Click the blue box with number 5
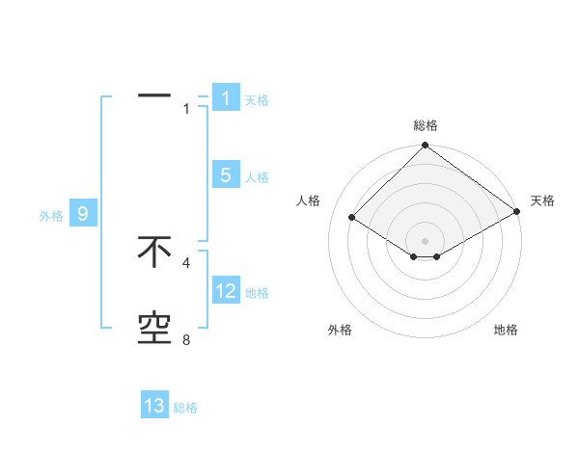226,175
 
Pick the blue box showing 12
226,291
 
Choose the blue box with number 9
83,214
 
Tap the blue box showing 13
154,406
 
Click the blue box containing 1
226,98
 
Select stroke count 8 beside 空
186,340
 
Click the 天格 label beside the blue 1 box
257,100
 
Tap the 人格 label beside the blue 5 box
257,177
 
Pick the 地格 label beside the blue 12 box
257,293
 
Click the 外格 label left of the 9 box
51,216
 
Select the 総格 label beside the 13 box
185,408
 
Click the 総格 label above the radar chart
426,125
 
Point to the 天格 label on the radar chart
543,200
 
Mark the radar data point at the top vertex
426,147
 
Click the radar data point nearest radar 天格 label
517,212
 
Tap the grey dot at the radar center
426,240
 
